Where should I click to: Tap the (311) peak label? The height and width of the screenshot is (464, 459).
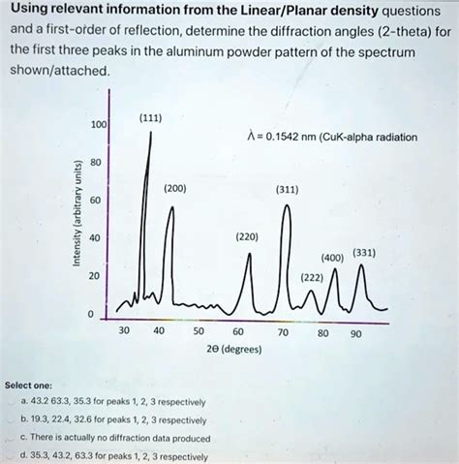(288, 190)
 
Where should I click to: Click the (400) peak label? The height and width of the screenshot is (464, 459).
(330, 259)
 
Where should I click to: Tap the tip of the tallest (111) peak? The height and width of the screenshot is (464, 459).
(151, 131)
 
